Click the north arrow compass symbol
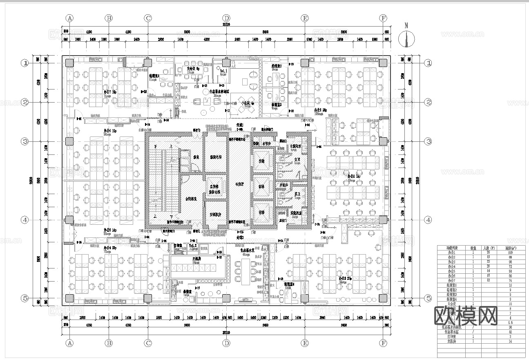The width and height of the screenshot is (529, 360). pos(406,39)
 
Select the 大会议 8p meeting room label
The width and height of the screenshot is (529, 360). pos(193,69)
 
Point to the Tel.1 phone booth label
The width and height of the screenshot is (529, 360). pos(223,71)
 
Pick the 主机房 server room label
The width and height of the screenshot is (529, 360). pos(199,259)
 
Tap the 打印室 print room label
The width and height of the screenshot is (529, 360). pos(178,246)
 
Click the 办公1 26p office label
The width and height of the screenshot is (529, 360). pos(320,110)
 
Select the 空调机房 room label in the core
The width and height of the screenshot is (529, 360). pos(215,214)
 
